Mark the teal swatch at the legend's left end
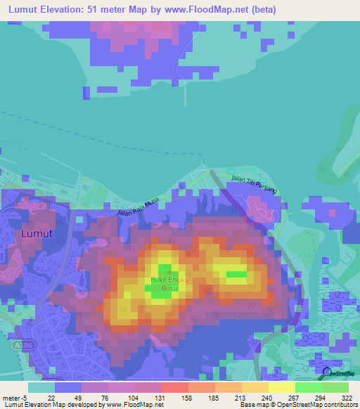click(x=41, y=387)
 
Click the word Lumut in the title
click(x=22, y=10)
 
